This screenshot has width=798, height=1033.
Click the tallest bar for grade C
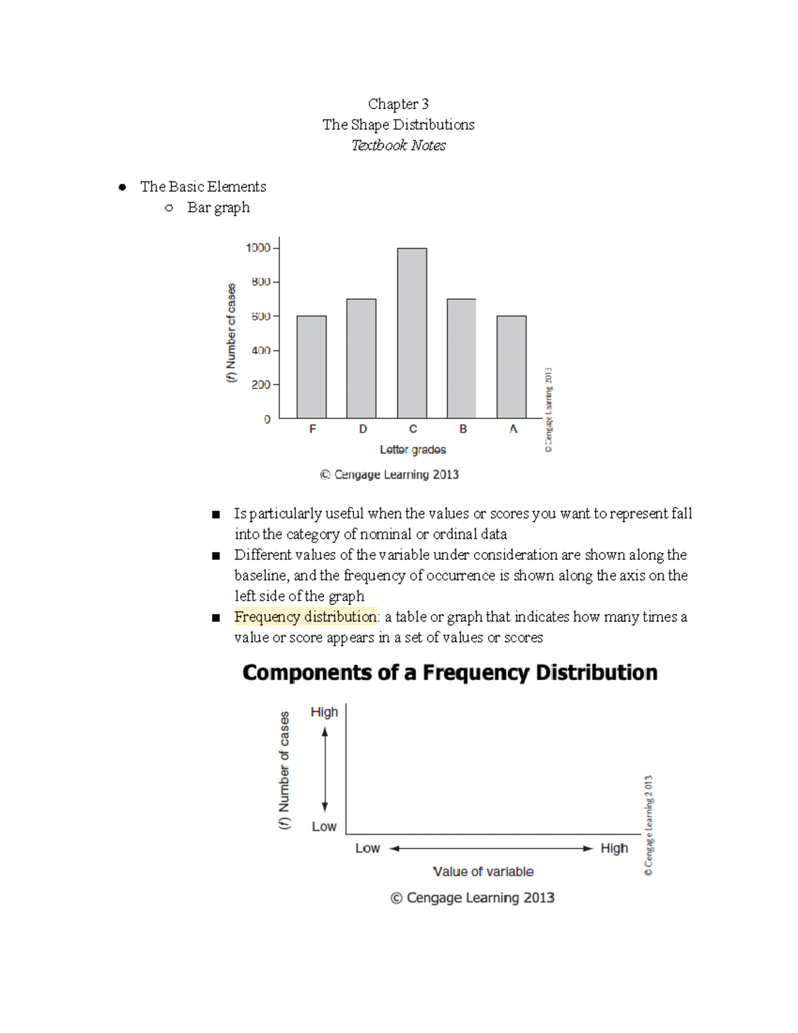412,333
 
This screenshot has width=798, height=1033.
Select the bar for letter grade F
311,367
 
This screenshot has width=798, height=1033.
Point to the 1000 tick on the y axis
258,248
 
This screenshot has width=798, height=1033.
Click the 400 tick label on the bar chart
261,351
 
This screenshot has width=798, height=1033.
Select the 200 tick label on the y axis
261,384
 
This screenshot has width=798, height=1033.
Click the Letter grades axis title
412,450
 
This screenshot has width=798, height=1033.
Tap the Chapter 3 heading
398,104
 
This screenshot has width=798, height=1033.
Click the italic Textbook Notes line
398,145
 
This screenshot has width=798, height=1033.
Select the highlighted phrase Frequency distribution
305,617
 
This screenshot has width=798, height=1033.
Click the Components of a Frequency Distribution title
450,672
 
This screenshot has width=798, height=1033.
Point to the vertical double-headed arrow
325,769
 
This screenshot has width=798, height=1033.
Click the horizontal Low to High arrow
491,848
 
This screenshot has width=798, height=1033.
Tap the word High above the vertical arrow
325,712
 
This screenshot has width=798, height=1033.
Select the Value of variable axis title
483,871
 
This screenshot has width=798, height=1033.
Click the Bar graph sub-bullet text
218,208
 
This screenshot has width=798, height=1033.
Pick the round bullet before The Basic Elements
122,187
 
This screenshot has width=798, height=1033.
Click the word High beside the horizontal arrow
614,848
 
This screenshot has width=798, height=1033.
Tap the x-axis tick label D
362,429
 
